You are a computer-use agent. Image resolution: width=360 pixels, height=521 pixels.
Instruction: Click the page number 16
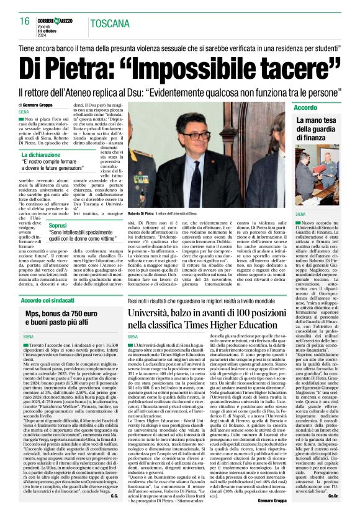click(25, 21)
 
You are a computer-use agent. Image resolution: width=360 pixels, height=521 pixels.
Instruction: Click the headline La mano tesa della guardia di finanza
click(316, 128)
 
